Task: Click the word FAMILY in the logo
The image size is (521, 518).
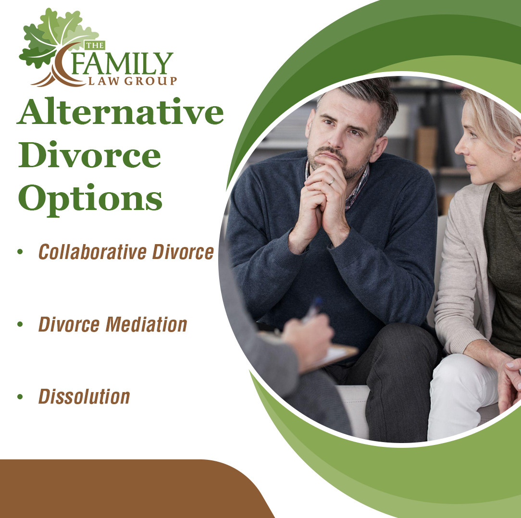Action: (122, 63)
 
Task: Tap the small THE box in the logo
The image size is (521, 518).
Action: (95, 45)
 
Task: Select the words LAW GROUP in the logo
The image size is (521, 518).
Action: (133, 81)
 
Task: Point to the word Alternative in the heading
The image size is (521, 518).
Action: (120, 111)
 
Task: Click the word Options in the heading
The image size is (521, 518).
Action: (90, 198)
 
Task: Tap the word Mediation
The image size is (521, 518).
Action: (147, 324)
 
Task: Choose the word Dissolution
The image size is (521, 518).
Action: (84, 396)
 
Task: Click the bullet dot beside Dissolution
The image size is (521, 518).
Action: (20, 396)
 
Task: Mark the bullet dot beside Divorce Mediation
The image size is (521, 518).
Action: (20, 324)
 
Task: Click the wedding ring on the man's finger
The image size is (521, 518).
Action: (331, 182)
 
